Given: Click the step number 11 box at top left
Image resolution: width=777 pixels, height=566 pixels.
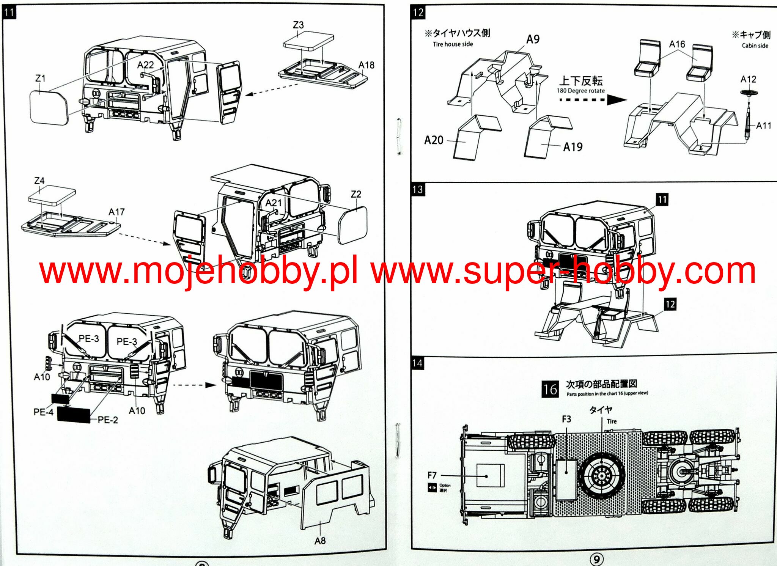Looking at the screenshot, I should point(9,12).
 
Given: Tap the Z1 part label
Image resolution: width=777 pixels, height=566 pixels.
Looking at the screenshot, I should point(40,78).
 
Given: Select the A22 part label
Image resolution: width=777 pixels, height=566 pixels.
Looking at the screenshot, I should point(146,65).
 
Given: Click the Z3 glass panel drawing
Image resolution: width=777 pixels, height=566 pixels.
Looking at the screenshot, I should point(308,41).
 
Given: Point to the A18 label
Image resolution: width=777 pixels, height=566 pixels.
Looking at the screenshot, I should point(366,65).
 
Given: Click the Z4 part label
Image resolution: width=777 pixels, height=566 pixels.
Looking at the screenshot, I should point(39,181).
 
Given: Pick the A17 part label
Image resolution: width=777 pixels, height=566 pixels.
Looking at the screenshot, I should point(116,212).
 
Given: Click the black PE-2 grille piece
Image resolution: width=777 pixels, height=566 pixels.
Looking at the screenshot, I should point(74,415).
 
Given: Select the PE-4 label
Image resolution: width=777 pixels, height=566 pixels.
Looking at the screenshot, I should point(43,412).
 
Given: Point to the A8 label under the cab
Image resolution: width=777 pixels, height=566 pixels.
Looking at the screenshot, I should point(320,541).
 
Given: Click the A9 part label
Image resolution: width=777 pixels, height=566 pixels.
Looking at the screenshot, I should point(533,39).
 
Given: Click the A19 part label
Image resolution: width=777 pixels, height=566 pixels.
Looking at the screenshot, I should point(573,147).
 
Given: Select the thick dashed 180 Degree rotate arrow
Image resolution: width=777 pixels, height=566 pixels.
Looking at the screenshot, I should point(592,100).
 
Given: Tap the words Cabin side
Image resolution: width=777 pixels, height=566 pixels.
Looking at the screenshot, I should point(755,46).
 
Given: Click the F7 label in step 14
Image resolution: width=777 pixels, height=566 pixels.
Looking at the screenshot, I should point(432,475).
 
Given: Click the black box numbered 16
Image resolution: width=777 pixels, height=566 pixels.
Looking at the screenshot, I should point(550,389).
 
